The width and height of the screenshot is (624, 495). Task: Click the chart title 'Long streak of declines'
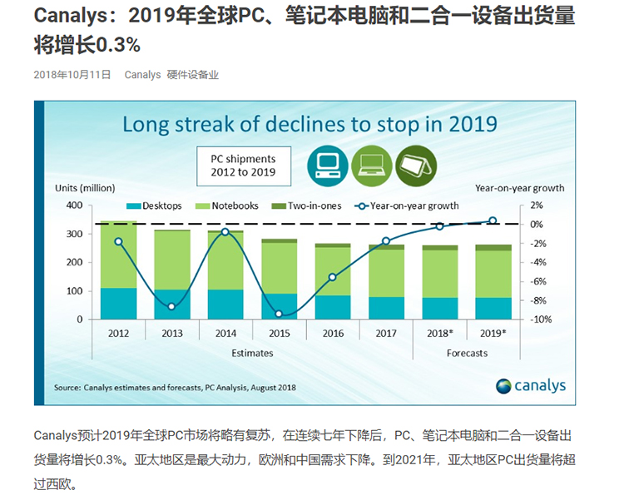tap(310, 125)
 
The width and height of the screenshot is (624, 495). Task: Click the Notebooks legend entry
tap(229, 205)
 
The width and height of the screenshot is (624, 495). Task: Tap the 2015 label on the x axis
tap(280, 333)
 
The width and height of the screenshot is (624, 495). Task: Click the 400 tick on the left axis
tap(74, 205)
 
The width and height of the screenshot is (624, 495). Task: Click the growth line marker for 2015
tap(280, 314)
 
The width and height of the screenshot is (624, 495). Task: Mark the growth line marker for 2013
tap(171, 307)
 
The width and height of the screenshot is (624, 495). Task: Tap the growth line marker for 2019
tap(493, 220)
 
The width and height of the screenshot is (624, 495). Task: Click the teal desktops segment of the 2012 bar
tap(118, 304)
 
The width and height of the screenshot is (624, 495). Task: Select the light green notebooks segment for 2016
tap(333, 271)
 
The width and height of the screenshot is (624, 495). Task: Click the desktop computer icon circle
tap(325, 165)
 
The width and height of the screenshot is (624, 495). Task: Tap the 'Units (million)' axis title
tap(85, 188)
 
